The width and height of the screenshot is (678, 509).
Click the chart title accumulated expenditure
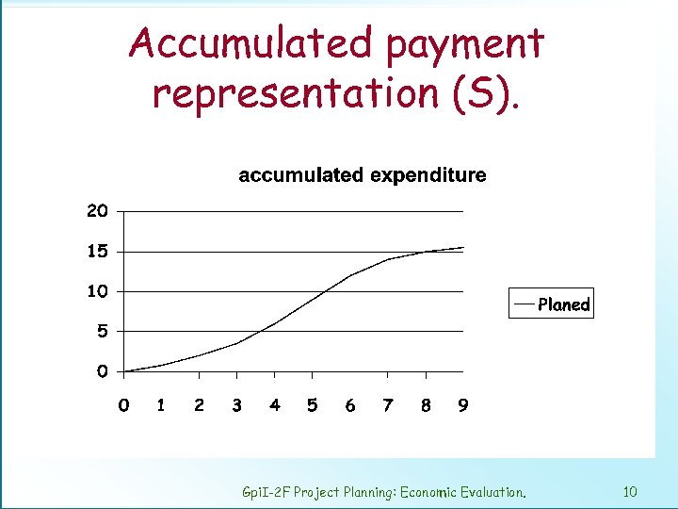click(363, 175)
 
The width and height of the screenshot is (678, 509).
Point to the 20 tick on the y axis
click(98, 211)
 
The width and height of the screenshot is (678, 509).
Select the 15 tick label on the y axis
click(98, 252)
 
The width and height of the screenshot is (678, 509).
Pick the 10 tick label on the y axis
click(98, 291)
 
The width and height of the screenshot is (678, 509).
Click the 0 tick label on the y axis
click(102, 371)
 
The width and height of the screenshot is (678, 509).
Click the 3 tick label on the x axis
click(236, 405)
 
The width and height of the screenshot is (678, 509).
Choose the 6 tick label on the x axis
click(350, 405)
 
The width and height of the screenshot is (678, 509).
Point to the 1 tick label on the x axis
click(161, 405)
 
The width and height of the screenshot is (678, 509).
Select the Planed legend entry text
click(563, 304)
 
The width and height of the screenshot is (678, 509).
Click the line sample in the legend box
click(524, 304)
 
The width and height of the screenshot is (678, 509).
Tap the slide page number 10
click(631, 491)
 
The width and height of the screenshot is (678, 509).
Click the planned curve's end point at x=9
click(463, 248)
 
